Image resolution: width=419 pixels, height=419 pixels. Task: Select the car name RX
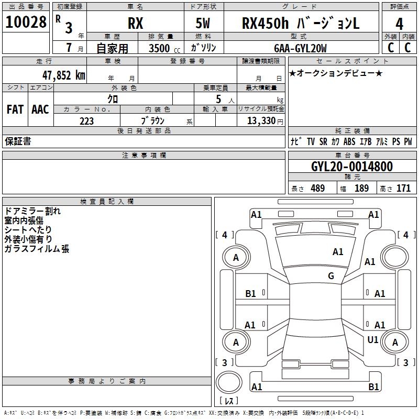135,24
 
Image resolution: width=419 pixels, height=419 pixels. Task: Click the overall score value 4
399,24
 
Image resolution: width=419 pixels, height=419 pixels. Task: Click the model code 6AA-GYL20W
300,48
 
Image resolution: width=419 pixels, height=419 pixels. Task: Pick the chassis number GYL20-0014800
351,167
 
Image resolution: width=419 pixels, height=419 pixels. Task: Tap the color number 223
86,121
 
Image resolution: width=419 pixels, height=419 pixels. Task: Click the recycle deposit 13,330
261,121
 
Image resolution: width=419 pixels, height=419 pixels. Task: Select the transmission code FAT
15,109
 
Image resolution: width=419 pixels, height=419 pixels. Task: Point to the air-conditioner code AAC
40,109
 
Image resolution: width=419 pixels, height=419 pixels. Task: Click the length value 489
317,189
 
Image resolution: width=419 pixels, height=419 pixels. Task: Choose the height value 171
403,189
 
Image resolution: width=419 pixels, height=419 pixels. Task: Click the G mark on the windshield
331,276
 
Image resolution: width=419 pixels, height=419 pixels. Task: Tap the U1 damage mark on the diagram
373,340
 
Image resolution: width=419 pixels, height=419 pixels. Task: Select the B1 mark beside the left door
250,294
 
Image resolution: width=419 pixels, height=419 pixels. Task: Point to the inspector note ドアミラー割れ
32,212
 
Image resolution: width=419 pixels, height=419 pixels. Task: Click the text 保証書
18,141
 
